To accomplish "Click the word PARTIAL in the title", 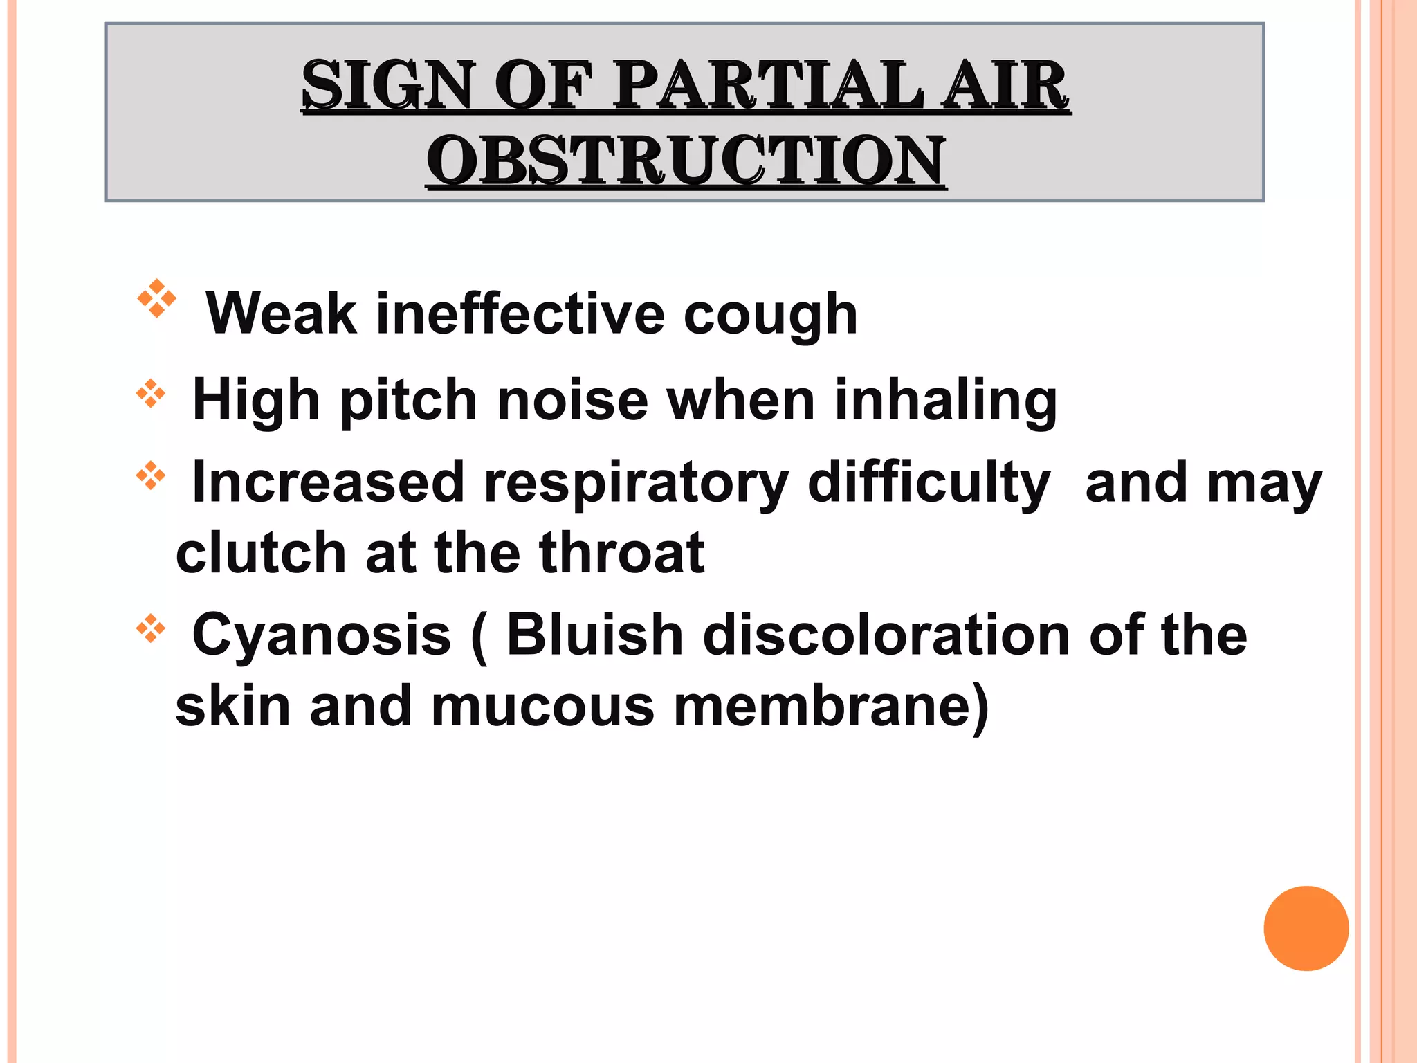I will point(769,85).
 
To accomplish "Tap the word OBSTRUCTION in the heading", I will point(686,161).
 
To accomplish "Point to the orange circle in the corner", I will point(1306,928).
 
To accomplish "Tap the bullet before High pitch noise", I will point(151,395).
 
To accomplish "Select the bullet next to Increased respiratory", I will point(151,477).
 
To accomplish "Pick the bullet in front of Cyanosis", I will point(151,630).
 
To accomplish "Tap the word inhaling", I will point(946,401).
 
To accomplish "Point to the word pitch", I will point(408,401).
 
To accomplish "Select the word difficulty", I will point(929,484).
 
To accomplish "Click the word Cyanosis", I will point(322,636).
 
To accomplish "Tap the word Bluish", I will point(595,635).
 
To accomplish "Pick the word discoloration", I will point(886,635).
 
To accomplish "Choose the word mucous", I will point(542,707).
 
